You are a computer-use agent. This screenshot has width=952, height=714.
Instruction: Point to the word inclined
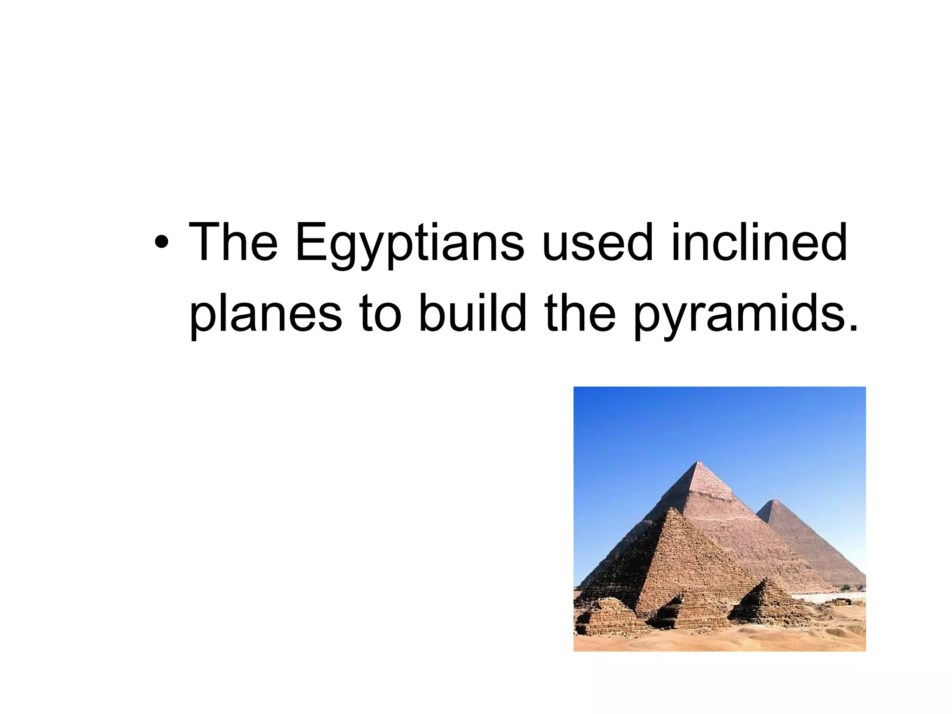coord(759,242)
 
